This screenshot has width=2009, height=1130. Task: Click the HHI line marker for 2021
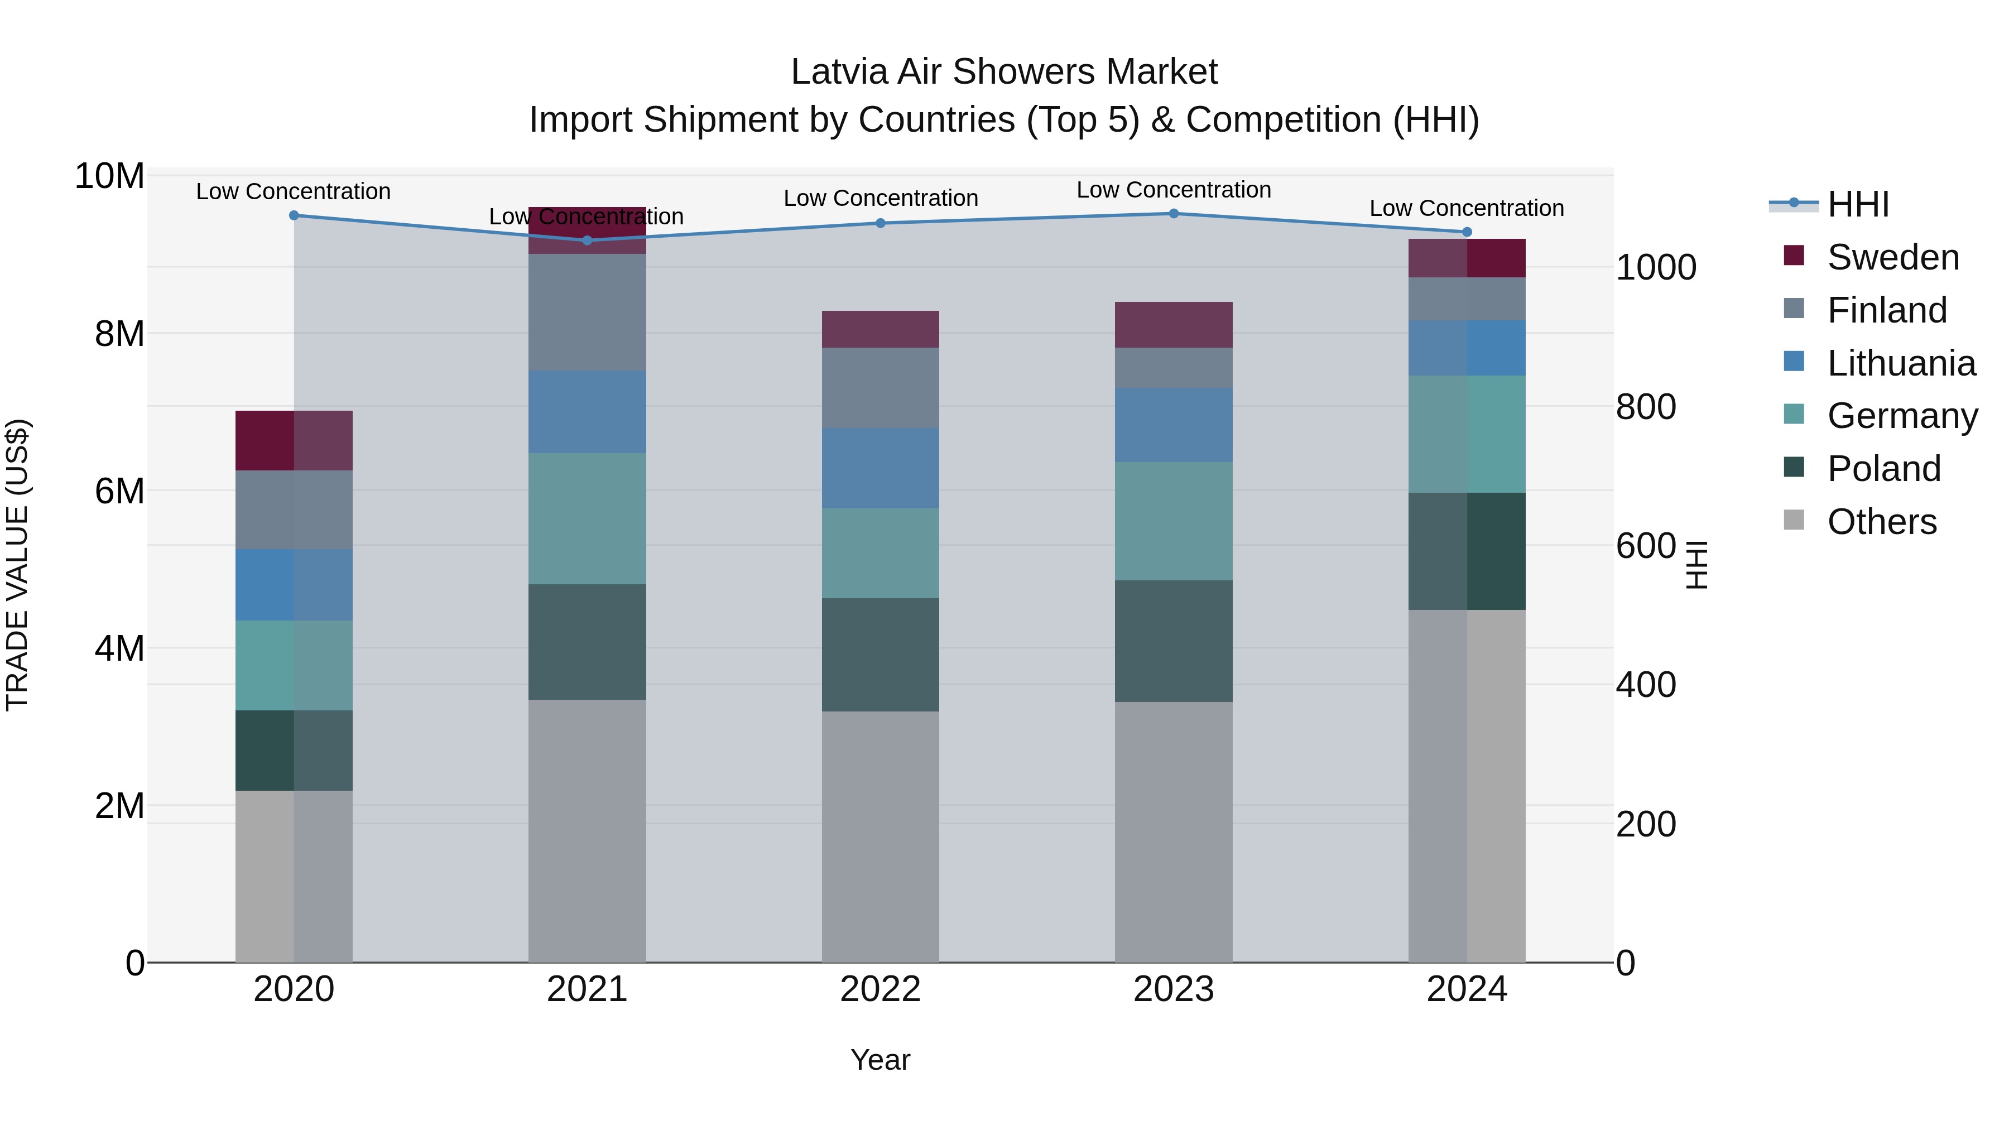(587, 240)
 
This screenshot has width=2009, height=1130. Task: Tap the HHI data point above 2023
(1173, 214)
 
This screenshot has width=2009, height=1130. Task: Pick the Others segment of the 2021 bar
(587, 830)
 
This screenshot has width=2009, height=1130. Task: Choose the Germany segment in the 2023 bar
(1173, 521)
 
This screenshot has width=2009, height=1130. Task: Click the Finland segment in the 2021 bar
(587, 312)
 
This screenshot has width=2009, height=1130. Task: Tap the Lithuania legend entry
(1901, 363)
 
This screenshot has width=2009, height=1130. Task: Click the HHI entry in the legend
(1858, 204)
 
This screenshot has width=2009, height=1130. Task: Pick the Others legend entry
(1881, 522)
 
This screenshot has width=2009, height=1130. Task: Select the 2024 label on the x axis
(1466, 989)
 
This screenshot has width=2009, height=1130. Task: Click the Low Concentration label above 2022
(881, 198)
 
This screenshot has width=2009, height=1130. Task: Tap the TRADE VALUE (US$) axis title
(17, 565)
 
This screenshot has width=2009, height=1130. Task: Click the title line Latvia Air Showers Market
(1004, 72)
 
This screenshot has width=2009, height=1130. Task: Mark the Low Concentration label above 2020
(293, 191)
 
